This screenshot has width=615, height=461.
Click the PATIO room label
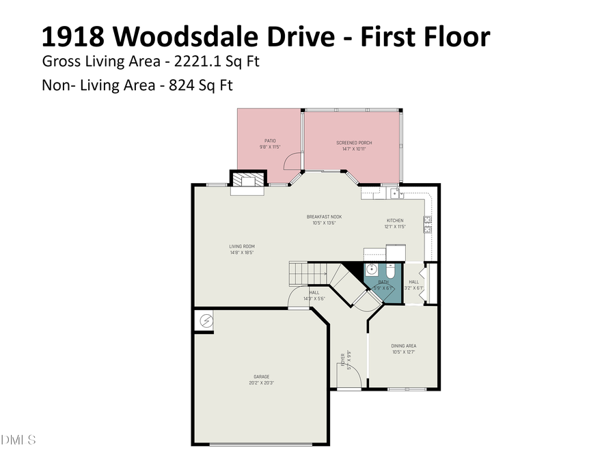270,141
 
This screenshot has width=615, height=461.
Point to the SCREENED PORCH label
354,143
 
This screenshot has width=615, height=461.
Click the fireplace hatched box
246,179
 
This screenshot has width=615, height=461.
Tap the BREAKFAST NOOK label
324,217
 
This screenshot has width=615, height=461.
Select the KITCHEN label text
395,221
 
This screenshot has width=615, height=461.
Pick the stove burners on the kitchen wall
427,221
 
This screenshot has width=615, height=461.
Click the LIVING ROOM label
241,247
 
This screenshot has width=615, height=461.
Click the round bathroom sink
372,269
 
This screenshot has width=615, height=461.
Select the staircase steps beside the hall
301,273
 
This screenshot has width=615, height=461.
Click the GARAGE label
262,376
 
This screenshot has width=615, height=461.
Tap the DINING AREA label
403,346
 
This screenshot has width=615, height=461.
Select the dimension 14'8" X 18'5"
241,253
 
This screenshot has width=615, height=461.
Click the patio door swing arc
292,160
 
